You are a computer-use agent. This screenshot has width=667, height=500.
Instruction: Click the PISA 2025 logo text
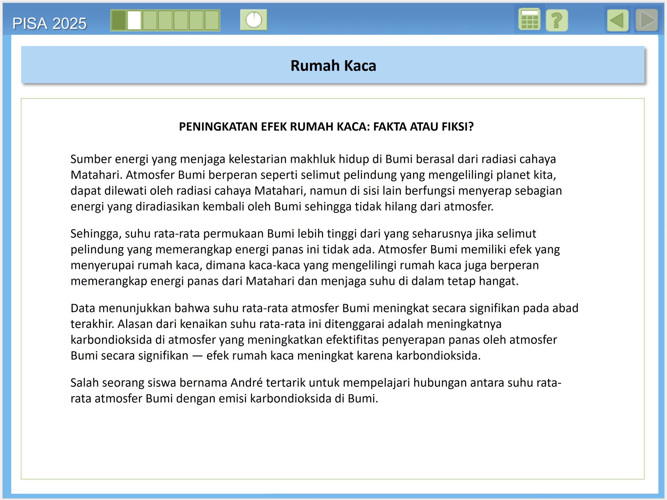[49, 24]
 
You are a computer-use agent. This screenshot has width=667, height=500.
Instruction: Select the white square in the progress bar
[134, 21]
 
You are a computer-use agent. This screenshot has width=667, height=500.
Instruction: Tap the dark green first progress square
[118, 21]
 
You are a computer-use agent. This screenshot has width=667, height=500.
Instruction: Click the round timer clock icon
[254, 20]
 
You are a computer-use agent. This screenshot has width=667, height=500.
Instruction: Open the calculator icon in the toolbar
[529, 20]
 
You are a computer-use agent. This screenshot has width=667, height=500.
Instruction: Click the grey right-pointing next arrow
[647, 21]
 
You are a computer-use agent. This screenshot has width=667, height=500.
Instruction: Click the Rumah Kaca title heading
[333, 66]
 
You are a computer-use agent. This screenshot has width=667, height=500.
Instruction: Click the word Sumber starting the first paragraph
[91, 159]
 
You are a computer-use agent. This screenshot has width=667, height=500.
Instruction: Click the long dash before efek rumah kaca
[197, 356]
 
